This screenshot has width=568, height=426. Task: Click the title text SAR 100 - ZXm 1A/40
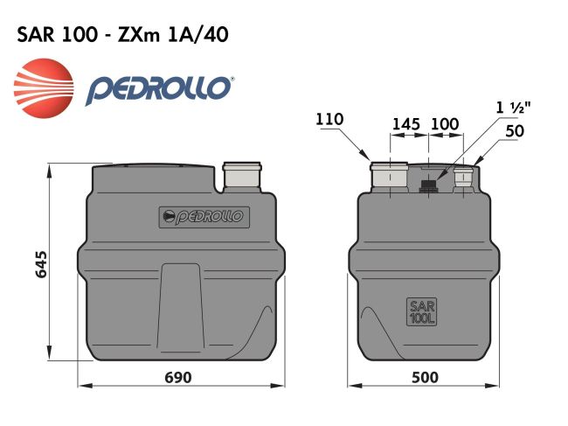[123, 35]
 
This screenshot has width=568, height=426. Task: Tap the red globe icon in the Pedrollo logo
[43, 87]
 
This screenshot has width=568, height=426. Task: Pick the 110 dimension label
[330, 120]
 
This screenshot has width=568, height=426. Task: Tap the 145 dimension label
[406, 123]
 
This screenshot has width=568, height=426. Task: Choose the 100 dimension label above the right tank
[445, 123]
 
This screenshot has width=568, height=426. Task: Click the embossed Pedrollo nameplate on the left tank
[202, 216]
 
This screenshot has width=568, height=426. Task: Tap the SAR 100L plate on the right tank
[421, 312]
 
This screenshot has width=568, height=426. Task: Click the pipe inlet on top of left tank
[242, 176]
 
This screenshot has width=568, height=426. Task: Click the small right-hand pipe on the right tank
[463, 178]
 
